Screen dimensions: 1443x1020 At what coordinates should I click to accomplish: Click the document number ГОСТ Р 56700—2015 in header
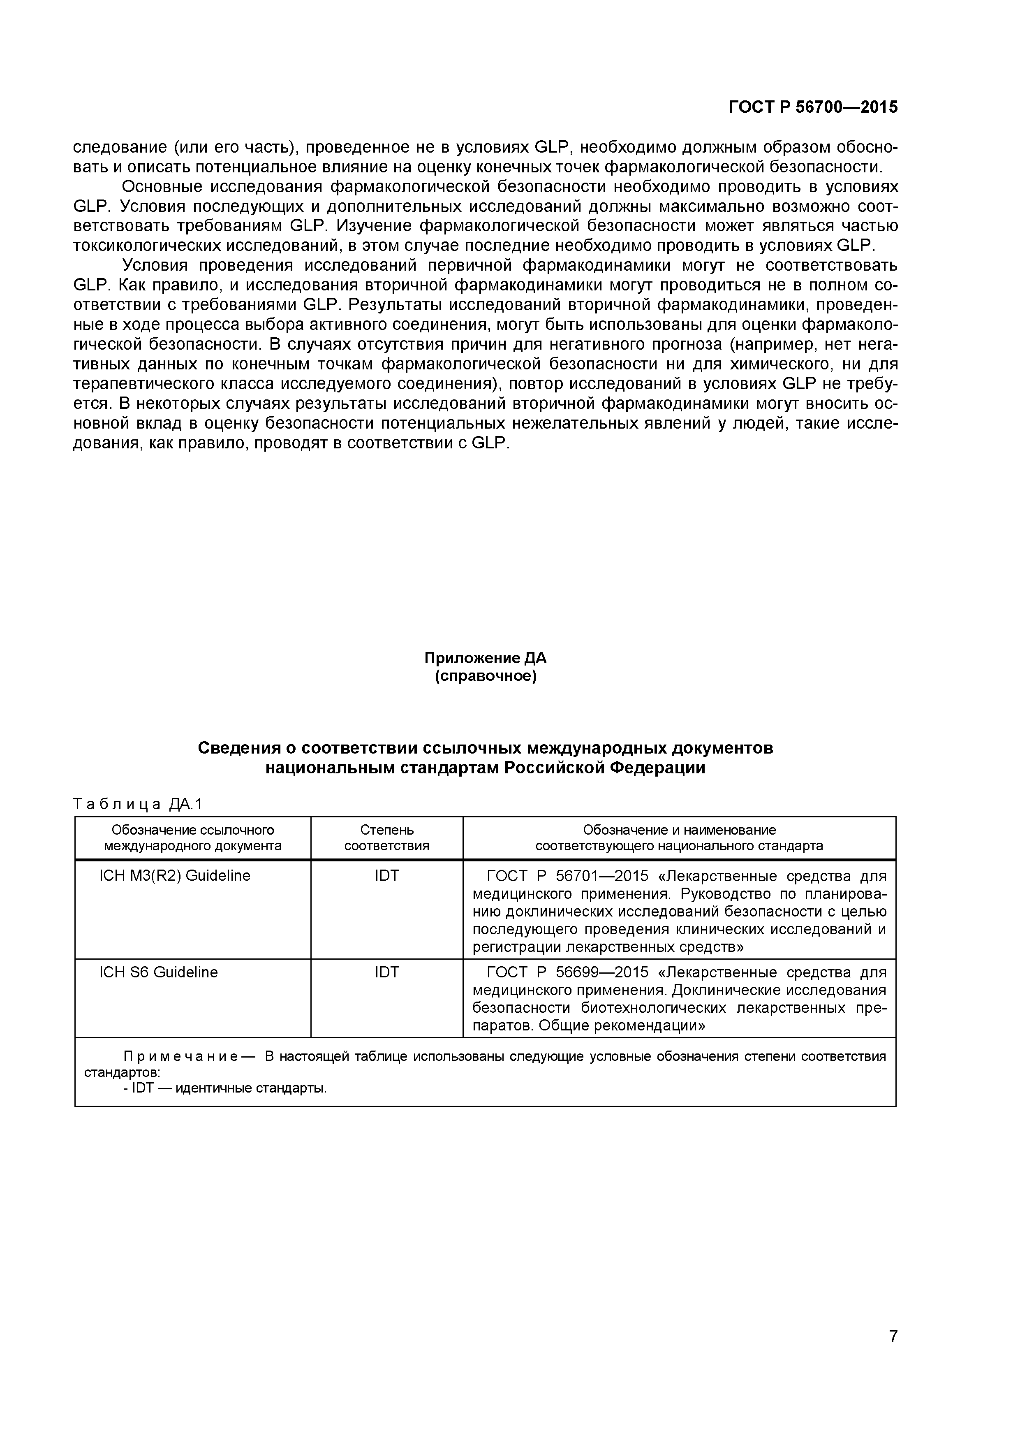point(813,107)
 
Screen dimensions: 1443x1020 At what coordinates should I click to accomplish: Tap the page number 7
point(893,1353)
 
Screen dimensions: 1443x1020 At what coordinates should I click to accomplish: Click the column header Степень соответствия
point(386,838)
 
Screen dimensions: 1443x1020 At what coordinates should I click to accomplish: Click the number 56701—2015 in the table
point(602,876)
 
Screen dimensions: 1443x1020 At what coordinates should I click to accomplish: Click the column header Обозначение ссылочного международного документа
point(192,838)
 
